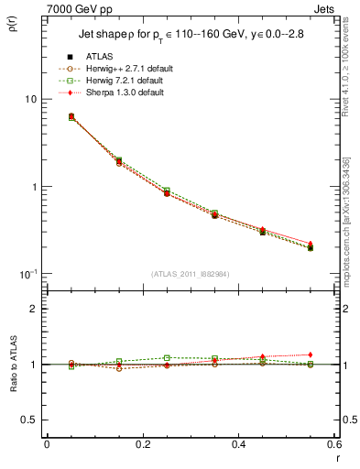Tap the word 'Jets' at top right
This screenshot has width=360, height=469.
324,8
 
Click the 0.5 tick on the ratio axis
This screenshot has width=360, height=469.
27,420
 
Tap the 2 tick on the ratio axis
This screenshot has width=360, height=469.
32,310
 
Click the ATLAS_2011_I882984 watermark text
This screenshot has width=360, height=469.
191,274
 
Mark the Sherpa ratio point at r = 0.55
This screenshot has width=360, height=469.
311,354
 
